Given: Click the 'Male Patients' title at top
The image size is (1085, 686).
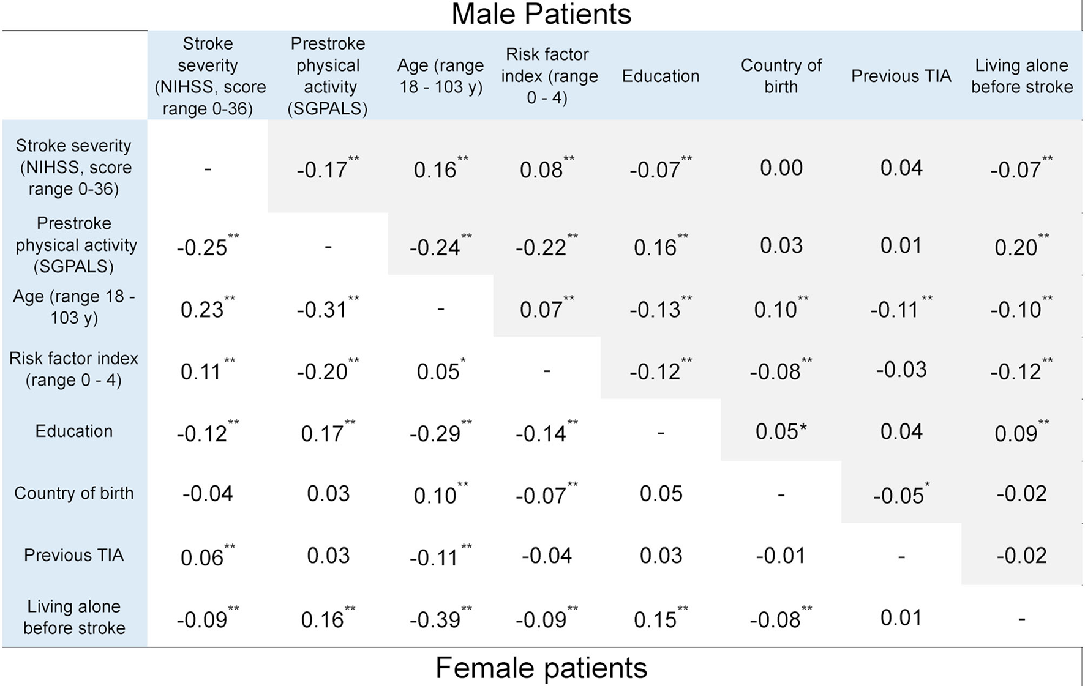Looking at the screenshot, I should [541, 14].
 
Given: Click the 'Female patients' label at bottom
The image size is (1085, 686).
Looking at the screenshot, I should [541, 668].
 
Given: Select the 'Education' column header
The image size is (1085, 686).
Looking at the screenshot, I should [660, 76].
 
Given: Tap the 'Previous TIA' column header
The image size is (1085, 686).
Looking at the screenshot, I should [901, 76].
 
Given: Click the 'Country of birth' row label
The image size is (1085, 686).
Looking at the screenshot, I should [73, 493].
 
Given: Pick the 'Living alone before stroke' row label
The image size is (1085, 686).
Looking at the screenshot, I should [73, 617].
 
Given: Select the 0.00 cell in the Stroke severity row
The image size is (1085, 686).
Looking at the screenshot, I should [781, 168].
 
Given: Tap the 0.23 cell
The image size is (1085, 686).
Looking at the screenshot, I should [202, 310].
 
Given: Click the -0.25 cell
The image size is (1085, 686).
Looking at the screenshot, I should [202, 247].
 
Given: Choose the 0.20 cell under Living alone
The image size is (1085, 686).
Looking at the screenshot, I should [1016, 247].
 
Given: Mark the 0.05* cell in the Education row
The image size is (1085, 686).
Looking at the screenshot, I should [781, 431].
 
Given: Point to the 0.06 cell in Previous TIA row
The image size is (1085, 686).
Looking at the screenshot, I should [202, 557].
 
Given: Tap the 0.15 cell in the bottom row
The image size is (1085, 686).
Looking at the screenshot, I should [655, 620].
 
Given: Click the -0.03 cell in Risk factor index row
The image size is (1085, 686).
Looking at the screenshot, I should [901, 370].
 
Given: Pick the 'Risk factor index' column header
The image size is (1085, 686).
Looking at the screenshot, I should [547, 76].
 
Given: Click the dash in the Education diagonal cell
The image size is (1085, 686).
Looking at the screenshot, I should [661, 433].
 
